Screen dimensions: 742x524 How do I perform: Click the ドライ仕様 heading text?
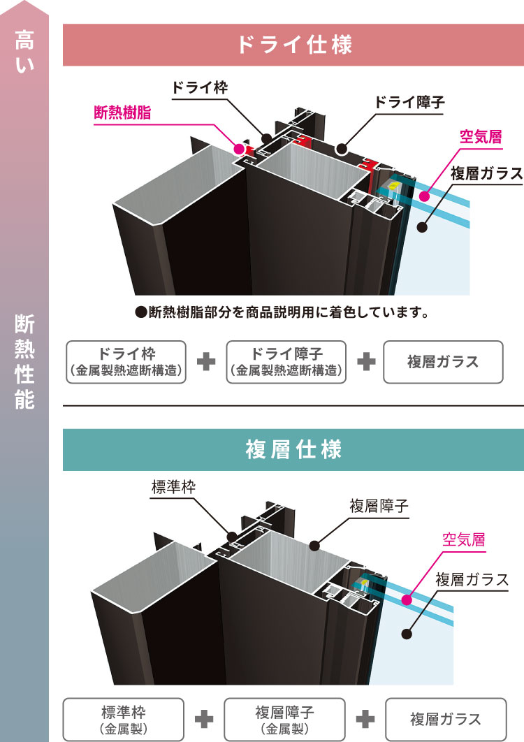click(x=293, y=45)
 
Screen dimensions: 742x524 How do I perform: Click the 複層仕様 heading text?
click(x=293, y=450)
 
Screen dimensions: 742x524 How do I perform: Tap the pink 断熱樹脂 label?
click(x=123, y=113)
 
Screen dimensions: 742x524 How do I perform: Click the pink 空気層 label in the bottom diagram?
click(x=464, y=539)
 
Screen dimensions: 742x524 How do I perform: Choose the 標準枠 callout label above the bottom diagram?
click(x=173, y=487)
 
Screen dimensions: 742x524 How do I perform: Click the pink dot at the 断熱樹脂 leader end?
click(x=239, y=149)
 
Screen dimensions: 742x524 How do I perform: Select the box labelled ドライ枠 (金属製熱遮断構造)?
click(x=126, y=362)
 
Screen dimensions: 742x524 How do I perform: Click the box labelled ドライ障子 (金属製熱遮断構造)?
click(x=287, y=362)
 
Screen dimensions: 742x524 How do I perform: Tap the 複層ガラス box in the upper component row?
click(x=443, y=362)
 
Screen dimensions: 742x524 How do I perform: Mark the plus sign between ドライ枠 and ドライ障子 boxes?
click(x=206, y=362)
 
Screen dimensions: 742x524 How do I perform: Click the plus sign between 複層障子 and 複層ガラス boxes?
click(x=366, y=720)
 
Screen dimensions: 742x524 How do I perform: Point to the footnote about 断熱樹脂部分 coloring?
click(x=281, y=312)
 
